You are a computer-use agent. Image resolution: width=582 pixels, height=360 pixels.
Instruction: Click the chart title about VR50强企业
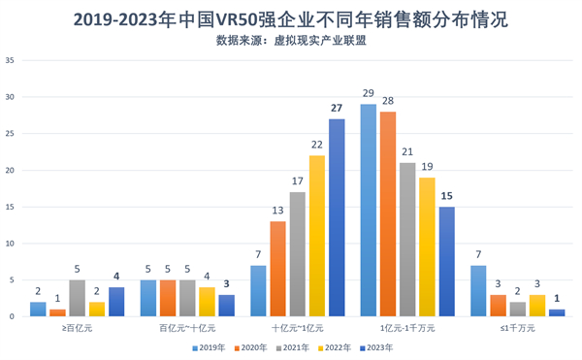[291, 18]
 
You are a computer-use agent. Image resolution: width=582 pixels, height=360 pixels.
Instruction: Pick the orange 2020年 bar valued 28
[388, 214]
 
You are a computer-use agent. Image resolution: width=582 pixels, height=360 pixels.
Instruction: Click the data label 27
[337, 109]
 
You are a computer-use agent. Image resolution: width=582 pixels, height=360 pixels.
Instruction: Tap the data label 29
[369, 94]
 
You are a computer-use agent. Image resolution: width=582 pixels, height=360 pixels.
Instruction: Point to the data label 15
[446, 197]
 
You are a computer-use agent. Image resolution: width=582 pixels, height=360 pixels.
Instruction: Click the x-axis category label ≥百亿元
[78, 329]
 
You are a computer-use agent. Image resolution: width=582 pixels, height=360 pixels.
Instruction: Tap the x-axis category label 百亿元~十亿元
[187, 329]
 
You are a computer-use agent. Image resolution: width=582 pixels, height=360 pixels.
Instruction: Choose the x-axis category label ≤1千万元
[517, 329]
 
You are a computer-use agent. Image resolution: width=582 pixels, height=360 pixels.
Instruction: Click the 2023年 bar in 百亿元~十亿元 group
[227, 306]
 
